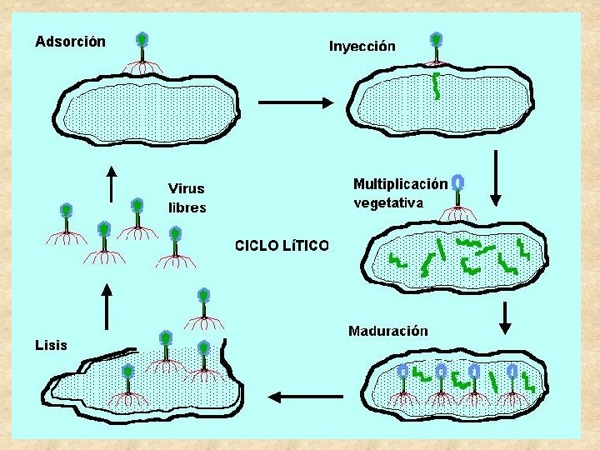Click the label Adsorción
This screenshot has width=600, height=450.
[x=70, y=41]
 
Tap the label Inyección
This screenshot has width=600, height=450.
[x=362, y=47]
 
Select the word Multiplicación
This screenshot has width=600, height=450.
[x=400, y=184]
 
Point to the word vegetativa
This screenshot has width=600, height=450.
[x=388, y=202]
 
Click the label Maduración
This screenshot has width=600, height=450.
[x=388, y=331]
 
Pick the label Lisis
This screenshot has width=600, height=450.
[x=52, y=344]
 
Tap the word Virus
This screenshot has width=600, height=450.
[x=186, y=189]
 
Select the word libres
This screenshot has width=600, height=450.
[x=187, y=207]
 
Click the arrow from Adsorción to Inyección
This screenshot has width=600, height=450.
[x=297, y=102]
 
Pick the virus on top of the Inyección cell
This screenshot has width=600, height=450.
[x=435, y=48]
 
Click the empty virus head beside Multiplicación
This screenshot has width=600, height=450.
[x=457, y=182]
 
